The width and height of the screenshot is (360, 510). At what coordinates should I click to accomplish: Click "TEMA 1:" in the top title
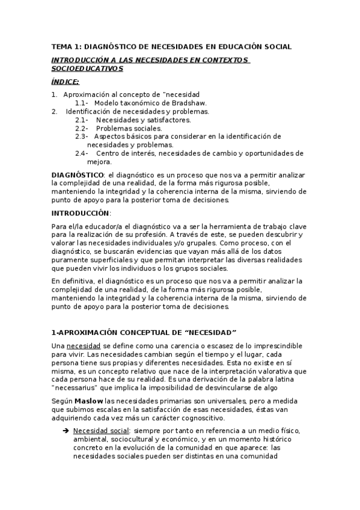point(66,46)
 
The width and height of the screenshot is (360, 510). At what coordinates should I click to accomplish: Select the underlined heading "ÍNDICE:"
point(65,82)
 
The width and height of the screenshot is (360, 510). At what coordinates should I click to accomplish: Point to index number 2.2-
point(82,128)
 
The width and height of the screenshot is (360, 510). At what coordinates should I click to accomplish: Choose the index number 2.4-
point(82,153)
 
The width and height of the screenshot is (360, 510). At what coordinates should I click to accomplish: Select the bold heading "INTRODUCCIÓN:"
point(81,213)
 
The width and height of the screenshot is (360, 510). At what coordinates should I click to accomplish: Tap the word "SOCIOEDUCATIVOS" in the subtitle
point(88,69)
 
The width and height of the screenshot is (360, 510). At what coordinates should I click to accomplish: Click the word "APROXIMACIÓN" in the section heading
point(90,333)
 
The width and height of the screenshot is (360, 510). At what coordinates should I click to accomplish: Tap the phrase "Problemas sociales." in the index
point(127,128)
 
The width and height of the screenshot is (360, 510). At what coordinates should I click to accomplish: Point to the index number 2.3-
point(82,137)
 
